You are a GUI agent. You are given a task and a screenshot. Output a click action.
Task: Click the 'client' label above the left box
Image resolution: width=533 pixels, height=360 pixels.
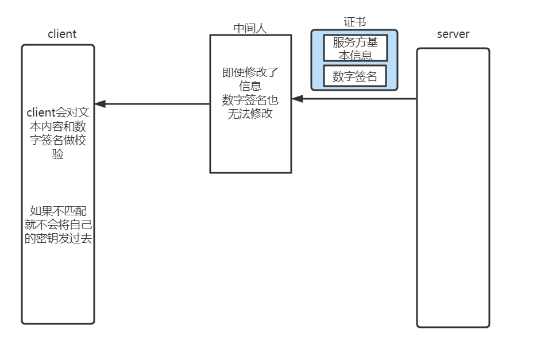click(61, 34)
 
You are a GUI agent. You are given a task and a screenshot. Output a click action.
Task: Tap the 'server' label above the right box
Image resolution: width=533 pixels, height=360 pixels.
click(453, 34)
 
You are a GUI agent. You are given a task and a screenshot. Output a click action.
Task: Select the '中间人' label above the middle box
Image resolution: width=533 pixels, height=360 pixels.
click(250, 28)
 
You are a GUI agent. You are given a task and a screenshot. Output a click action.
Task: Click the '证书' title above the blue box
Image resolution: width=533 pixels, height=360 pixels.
click(354, 22)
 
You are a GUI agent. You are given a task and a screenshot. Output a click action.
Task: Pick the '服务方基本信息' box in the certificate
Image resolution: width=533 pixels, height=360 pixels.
click(355, 48)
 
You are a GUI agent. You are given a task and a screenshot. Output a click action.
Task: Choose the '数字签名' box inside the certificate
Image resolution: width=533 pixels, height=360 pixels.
click(355, 76)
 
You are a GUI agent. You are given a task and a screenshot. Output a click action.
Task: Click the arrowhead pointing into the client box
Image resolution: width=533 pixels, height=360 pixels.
click(100, 104)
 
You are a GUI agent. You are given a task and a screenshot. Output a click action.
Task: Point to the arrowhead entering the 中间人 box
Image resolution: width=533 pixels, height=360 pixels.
click(297, 99)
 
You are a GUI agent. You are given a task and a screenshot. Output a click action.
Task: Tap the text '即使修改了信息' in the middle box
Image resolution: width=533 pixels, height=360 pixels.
click(250, 79)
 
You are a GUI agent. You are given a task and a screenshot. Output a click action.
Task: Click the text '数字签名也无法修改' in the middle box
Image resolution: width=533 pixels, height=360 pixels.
click(250, 107)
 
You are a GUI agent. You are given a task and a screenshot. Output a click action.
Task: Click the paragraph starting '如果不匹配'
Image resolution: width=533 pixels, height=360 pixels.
click(58, 225)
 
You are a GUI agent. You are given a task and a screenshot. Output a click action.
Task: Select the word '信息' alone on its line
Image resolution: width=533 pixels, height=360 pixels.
click(250, 86)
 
